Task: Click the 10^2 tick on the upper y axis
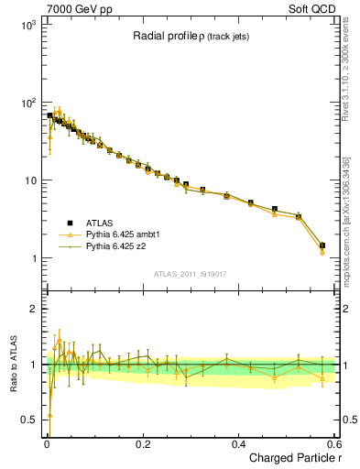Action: pos(31,103)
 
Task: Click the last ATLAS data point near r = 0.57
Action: pos(322,245)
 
